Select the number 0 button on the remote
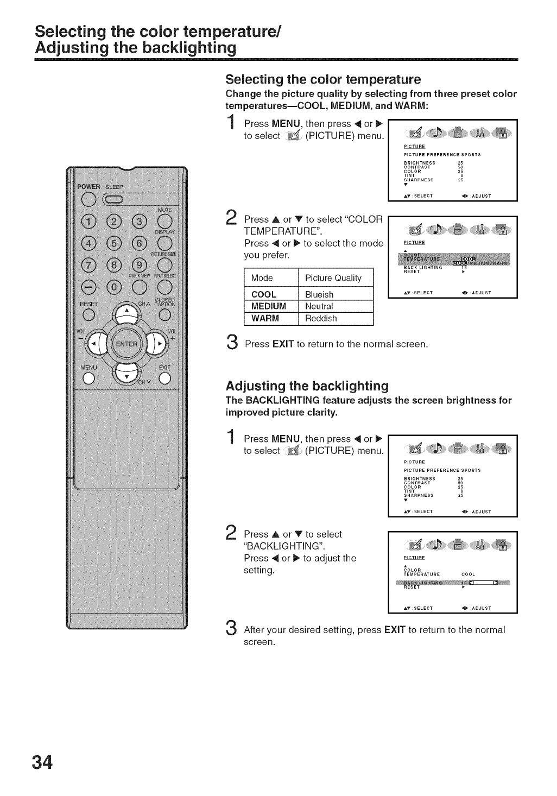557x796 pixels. (x=114, y=288)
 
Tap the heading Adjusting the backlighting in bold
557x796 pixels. (x=307, y=386)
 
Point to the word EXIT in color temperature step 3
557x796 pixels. (x=283, y=344)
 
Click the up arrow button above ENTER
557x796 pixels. (x=126, y=313)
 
